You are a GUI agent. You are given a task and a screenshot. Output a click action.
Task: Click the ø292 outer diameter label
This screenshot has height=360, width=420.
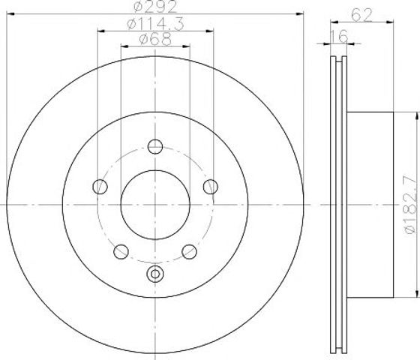(155, 7)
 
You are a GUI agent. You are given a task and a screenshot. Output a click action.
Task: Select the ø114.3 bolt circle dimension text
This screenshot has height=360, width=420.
(155, 24)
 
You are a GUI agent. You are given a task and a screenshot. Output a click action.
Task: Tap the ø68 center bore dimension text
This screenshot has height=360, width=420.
(155, 40)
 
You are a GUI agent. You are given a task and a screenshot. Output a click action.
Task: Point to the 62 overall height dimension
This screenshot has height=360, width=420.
(361, 15)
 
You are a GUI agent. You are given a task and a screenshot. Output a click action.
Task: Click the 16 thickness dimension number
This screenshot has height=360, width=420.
(338, 37)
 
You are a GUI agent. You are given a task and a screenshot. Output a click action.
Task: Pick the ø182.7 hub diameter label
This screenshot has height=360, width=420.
(412, 205)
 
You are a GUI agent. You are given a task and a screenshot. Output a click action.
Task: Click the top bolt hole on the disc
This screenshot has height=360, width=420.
(155, 146)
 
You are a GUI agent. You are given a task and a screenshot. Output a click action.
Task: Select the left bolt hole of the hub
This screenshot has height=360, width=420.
(100, 187)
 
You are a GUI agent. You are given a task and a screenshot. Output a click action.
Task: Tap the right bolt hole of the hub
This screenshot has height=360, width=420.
(211, 187)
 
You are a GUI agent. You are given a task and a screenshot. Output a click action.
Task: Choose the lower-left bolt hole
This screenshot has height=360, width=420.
(121, 252)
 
